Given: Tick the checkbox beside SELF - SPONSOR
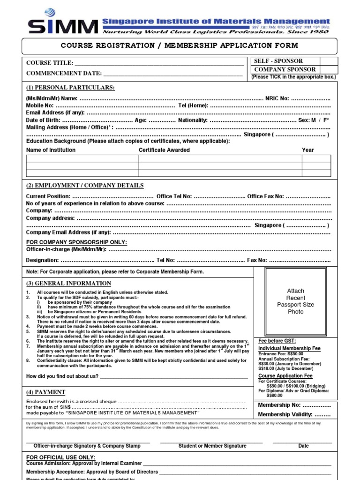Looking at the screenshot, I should pos(329,61).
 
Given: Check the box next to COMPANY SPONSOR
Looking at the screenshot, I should pos(329,69).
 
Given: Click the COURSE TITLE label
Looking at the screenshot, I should pos(50,63).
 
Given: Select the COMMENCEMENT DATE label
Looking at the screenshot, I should pos(64,73).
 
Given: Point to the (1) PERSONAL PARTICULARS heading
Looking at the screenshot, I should pos(70,88).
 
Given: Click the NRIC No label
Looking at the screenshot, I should pos(277,99).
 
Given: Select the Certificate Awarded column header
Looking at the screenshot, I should pos(164,150).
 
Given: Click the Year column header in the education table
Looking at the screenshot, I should pos(308,150).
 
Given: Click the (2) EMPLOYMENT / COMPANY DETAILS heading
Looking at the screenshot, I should pos(85,186).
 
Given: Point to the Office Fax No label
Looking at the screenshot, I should pos(265,196).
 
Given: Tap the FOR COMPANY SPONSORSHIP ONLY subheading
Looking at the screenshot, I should pos(76,242).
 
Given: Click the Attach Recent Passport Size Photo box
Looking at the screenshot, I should pos(296,301).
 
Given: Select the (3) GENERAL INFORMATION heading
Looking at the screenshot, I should pos(68,284).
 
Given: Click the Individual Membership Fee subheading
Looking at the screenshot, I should pos(289,349).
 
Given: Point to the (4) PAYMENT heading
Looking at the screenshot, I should pos(46,392).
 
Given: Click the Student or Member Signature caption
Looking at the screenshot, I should pos(212,446).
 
